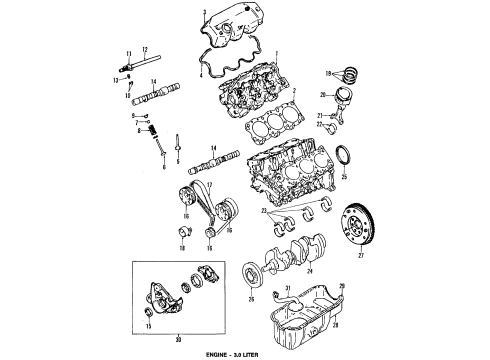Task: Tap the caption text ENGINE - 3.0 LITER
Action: click(244, 353)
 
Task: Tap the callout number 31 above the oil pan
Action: click(281, 290)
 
